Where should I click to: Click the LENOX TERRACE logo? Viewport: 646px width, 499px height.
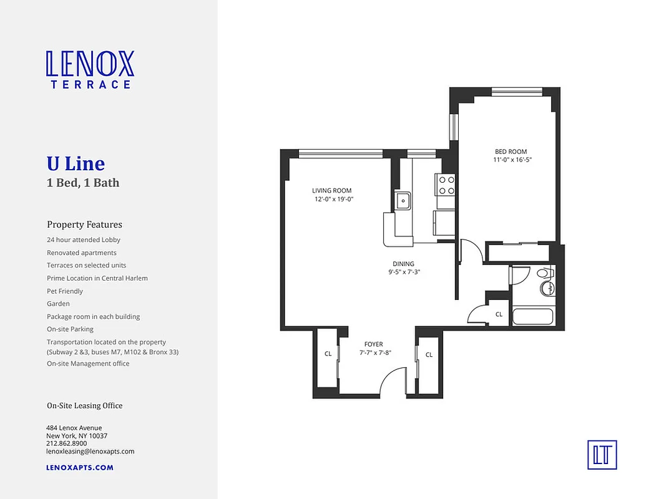click(89, 69)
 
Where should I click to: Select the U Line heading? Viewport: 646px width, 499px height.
click(76, 163)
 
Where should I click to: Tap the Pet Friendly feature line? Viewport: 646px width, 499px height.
click(65, 291)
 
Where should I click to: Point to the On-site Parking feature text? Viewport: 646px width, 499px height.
click(70, 329)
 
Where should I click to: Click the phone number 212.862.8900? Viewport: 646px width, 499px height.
click(66, 443)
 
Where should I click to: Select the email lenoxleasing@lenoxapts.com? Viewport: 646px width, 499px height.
click(90, 452)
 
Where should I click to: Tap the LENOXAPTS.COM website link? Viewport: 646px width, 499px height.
click(80, 467)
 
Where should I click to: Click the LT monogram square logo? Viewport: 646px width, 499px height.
click(602, 454)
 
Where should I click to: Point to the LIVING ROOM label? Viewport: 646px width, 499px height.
click(331, 191)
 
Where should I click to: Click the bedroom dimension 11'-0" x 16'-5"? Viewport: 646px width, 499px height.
click(512, 160)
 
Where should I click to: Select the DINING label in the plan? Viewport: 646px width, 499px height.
click(403, 264)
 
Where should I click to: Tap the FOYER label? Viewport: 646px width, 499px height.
click(373, 344)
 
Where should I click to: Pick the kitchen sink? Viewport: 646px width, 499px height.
click(403, 201)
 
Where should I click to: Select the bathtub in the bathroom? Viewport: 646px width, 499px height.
click(532, 316)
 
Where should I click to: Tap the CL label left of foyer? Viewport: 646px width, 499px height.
click(328, 354)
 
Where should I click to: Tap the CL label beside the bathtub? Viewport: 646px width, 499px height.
click(499, 314)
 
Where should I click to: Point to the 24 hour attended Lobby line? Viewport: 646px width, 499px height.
click(84, 240)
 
